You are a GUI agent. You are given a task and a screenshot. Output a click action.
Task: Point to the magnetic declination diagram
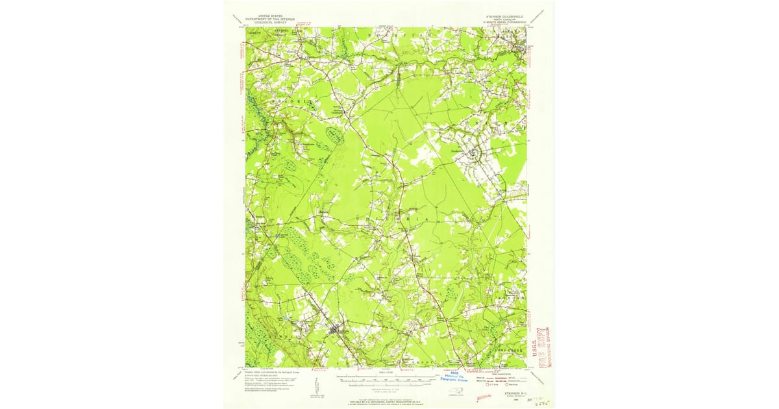(x=316, y=386)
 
